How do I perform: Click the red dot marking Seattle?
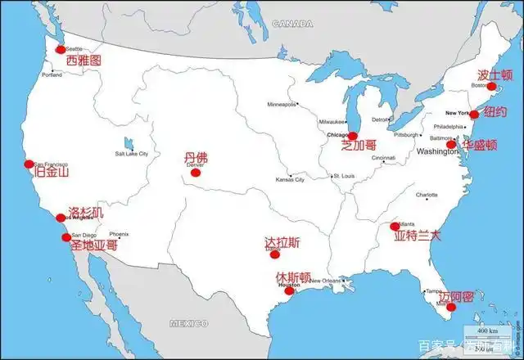coord(60,50)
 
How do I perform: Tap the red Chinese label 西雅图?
coord(84,61)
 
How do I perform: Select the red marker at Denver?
coord(195,172)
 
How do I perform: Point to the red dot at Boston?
coord(491,86)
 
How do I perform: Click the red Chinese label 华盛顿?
coord(479,144)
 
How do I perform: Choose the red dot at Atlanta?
coord(395,226)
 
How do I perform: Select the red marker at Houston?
coord(289,290)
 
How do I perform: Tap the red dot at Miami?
coord(450,307)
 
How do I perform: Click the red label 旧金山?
coord(51,173)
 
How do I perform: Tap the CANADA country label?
coord(292,24)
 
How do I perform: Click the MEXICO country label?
coord(188,324)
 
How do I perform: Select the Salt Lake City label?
coord(132,154)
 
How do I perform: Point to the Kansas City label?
coord(290,178)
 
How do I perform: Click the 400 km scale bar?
coord(488,331)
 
